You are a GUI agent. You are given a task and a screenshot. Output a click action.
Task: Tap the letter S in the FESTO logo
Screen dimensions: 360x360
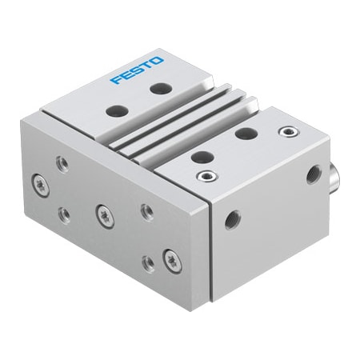click(136, 70)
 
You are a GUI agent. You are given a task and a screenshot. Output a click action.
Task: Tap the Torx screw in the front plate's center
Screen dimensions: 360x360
click(102, 212)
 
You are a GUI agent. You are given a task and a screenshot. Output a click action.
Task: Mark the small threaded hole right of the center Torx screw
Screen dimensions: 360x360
click(146, 210)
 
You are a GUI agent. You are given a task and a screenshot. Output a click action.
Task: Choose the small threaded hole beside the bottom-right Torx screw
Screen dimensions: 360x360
click(146, 262)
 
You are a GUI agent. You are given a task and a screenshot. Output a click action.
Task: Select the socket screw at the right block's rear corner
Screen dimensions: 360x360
click(284, 130)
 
